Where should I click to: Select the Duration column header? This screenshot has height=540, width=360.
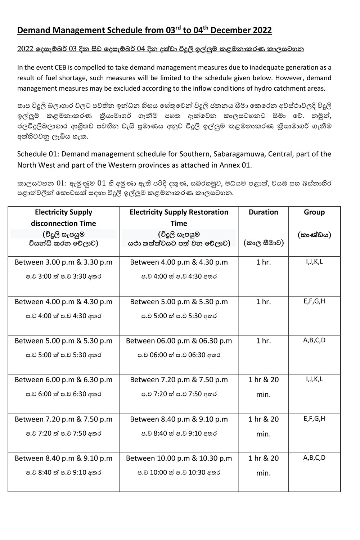(263, 212)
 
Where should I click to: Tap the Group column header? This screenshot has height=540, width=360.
(314, 212)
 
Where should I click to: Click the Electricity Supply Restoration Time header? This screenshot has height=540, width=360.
(179, 217)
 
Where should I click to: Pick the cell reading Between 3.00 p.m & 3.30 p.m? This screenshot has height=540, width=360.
(63, 262)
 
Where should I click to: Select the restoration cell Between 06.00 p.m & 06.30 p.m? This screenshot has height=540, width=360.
(179, 341)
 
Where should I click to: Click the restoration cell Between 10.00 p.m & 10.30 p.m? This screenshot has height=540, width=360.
(179, 458)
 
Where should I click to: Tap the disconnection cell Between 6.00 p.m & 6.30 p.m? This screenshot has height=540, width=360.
(63, 379)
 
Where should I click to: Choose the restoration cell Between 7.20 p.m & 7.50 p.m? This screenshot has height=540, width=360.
(179, 379)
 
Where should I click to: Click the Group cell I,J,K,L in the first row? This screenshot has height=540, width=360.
(314, 262)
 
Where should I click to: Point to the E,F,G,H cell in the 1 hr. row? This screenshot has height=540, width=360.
(314, 301)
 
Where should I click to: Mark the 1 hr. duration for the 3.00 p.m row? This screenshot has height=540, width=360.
(263, 262)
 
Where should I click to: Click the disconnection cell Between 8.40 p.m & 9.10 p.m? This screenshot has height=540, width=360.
(63, 458)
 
